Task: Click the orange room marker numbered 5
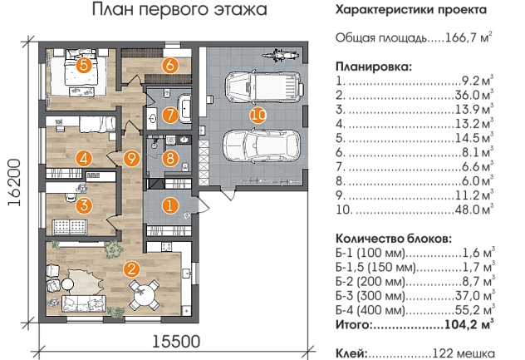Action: pos(84,65)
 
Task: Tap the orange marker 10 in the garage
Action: pos(258,116)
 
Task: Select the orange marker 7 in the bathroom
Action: pos(170,115)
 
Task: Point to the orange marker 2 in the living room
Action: pos(131,269)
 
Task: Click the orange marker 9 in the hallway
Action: pos(131,158)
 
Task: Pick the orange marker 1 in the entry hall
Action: pos(169,205)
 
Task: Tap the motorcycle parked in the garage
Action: pos(280,54)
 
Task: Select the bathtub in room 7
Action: pos(184,108)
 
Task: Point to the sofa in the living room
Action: pos(84,304)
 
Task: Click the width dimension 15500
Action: pos(176,342)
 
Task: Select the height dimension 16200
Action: pos(14,182)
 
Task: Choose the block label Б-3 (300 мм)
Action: pos(370,296)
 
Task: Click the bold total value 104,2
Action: pos(461,324)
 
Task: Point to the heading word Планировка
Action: pos(374,67)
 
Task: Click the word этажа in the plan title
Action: pos(241,9)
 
